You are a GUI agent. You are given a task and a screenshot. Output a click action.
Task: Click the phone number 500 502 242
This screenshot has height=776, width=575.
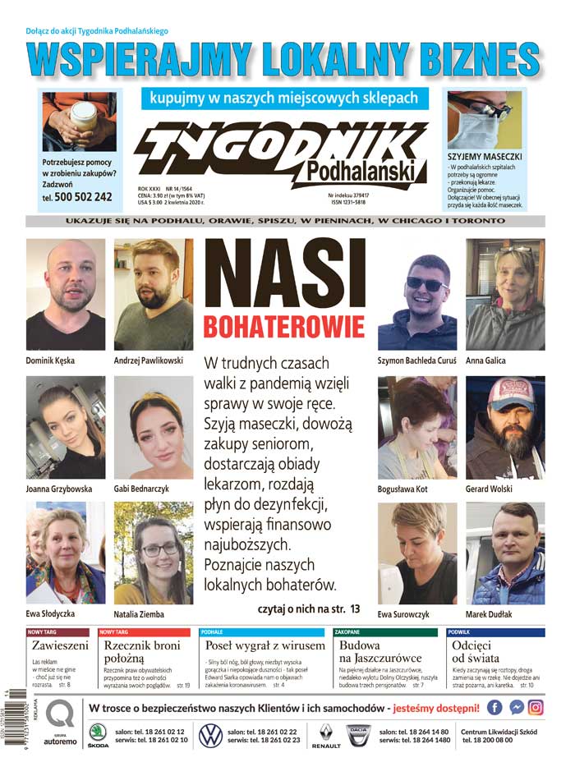click(83, 197)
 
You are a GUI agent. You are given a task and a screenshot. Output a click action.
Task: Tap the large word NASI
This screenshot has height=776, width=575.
click(283, 275)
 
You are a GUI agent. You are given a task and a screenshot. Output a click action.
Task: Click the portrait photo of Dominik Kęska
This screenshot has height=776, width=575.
click(66, 295)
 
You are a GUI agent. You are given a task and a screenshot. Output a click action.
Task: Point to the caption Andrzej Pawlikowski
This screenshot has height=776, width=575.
click(148, 360)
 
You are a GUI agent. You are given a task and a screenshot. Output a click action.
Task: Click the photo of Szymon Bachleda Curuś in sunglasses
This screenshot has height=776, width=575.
click(416, 295)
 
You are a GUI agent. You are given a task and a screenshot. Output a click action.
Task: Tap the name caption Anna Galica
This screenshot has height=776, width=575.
click(486, 360)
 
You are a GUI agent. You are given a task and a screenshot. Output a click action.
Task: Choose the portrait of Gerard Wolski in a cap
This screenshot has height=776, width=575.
click(505, 428)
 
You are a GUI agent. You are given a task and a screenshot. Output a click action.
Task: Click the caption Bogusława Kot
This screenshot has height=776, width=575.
click(402, 489)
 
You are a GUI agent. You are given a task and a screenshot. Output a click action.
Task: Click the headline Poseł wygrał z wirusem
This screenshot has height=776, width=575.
click(255, 646)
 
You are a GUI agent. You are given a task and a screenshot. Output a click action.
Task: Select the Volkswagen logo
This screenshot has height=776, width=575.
click(211, 733)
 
